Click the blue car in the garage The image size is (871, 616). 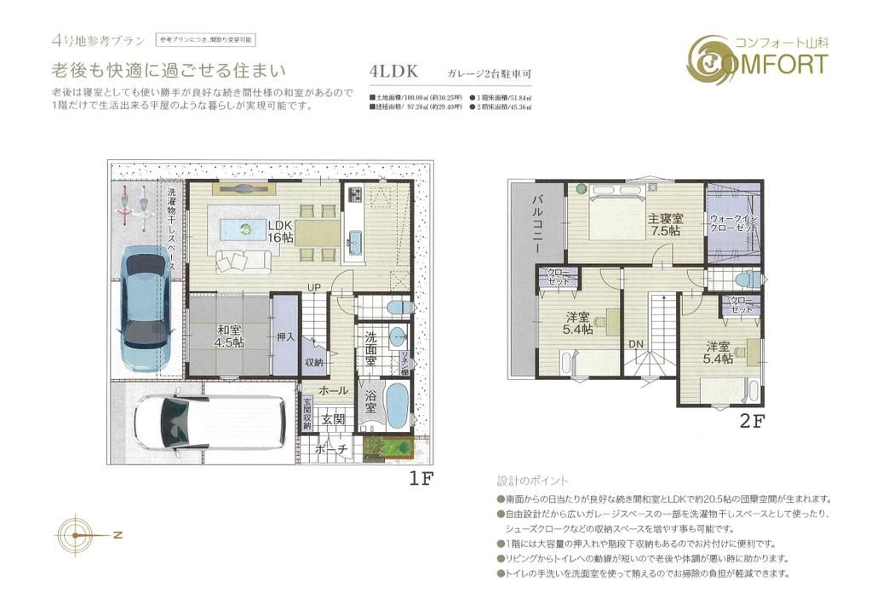(144, 302)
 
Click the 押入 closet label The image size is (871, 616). (285, 337)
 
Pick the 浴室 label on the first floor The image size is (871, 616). (370, 402)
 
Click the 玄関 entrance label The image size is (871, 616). (332, 419)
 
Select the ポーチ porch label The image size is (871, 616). (330, 449)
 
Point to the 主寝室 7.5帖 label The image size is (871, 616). (663, 223)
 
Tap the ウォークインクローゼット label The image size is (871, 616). (732, 223)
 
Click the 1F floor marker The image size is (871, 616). (422, 479)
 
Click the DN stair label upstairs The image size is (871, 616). (636, 343)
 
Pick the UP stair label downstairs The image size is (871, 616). (313, 287)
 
